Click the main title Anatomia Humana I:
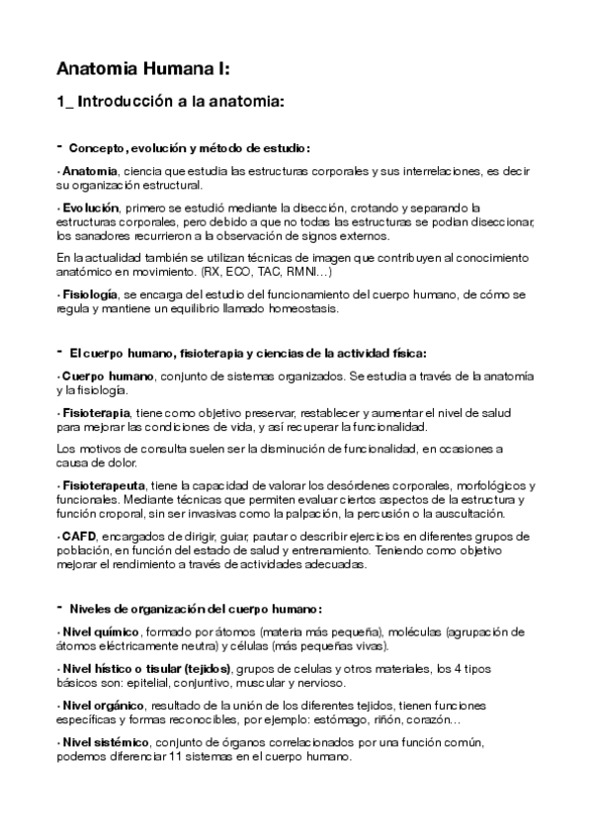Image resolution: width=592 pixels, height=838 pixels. point(143,69)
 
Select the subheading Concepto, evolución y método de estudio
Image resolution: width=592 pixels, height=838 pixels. point(190,149)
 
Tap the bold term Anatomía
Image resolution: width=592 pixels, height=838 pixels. point(90,172)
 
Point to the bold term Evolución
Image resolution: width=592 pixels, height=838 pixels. point(91,208)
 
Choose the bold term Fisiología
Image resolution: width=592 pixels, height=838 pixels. point(91,294)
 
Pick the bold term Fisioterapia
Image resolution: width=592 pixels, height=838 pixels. point(96,412)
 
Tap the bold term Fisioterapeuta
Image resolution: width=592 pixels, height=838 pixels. point(104,485)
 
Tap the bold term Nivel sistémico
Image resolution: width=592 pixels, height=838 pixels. point(105,741)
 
